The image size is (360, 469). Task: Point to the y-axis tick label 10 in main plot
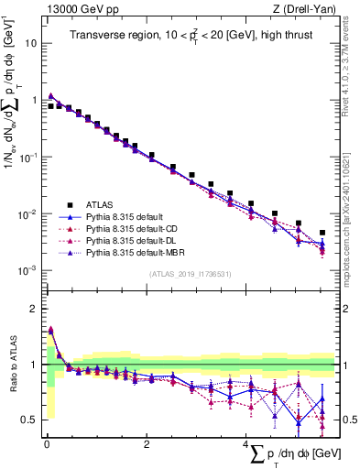[x=31, y=43]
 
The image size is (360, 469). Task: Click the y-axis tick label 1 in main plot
[x=34, y=100]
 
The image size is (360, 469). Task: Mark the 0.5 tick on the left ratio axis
[x=29, y=420]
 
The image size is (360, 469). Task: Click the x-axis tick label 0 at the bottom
[x=47, y=444]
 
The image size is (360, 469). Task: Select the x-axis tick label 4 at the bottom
[x=245, y=444]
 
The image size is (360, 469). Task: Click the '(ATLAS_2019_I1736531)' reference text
[x=189, y=274]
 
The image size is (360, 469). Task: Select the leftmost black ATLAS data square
[x=50, y=106]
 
